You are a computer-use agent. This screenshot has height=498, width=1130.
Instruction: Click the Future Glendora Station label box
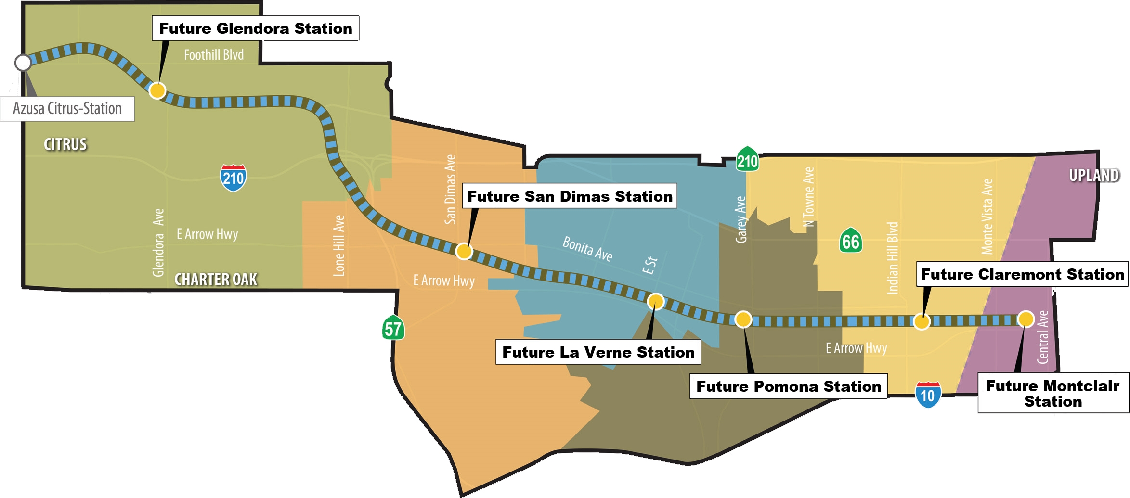click(x=255, y=28)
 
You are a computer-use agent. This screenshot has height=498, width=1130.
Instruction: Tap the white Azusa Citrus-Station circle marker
click(x=23, y=63)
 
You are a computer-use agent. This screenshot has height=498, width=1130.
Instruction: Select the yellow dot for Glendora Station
click(x=157, y=90)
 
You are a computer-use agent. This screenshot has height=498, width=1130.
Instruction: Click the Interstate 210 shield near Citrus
click(x=233, y=178)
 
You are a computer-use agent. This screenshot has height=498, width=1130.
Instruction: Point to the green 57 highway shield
click(x=393, y=329)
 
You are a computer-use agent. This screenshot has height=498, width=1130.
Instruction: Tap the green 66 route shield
click(x=850, y=241)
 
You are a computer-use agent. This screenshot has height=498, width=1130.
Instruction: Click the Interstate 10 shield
click(x=927, y=395)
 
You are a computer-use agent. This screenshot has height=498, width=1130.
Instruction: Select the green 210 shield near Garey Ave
click(x=747, y=160)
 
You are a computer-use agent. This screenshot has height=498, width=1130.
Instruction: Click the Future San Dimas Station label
click(x=569, y=196)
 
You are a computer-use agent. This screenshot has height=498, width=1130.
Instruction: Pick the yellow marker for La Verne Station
click(x=655, y=302)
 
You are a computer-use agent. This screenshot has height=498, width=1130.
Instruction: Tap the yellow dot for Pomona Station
click(x=743, y=319)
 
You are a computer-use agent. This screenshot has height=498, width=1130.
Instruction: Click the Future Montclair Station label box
click(x=1052, y=393)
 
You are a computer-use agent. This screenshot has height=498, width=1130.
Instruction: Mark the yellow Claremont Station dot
click(x=921, y=321)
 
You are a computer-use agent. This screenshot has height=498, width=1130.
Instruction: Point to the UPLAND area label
click(x=1094, y=175)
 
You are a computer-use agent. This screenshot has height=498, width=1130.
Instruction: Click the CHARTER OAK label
click(x=215, y=279)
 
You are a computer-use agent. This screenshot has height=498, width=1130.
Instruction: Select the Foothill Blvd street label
click(x=214, y=55)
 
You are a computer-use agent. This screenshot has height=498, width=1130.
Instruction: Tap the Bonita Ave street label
click(x=587, y=249)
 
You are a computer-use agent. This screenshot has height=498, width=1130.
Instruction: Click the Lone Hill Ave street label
click(x=339, y=246)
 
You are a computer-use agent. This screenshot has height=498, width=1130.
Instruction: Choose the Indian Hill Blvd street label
click(x=892, y=258)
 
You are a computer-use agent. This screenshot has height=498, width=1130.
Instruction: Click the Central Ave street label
click(x=1042, y=337)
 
